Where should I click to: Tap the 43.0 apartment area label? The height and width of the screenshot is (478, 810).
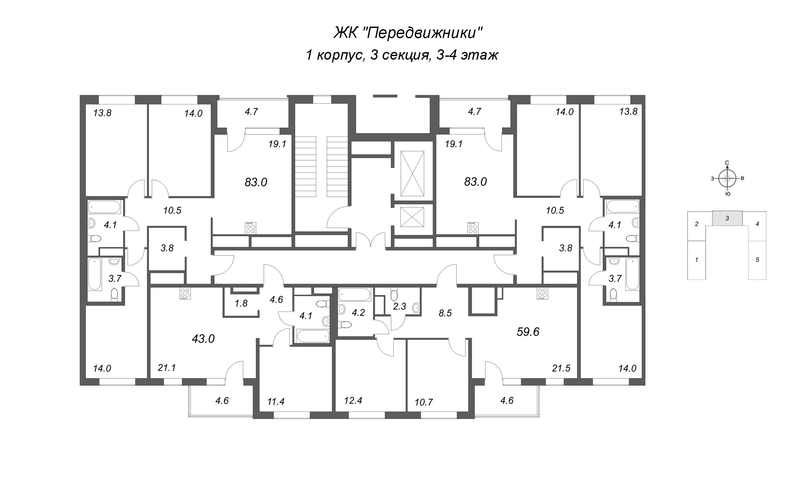point(203,339)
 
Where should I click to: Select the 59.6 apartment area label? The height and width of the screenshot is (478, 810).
point(528,332)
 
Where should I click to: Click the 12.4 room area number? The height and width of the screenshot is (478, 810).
point(353,400)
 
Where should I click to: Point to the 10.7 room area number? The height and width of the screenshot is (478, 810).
point(424,402)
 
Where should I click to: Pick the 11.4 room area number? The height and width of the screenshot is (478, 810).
point(276,402)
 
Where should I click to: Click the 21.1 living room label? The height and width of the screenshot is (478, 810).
point(167,368)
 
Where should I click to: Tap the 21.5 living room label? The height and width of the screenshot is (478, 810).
point(561,368)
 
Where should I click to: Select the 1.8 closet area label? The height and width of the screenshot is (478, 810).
point(241,303)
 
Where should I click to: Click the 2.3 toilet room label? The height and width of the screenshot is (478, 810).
point(399,306)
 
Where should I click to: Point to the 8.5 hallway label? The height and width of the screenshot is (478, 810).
point(445,313)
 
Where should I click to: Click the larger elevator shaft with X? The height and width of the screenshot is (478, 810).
point(412,173)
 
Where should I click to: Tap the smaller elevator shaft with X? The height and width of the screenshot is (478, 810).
point(412,217)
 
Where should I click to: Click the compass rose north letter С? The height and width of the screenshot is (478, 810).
point(727,162)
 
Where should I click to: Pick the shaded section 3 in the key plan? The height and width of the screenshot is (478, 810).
point(727,218)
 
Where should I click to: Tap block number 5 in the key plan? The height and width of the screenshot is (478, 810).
point(757,260)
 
